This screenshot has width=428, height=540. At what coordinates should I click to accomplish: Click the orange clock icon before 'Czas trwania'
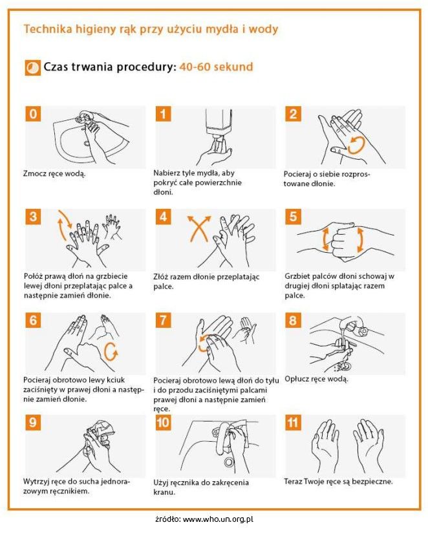click(33, 67)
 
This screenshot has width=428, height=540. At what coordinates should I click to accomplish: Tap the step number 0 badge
click(33, 114)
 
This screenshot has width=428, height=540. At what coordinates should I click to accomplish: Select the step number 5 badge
click(293, 217)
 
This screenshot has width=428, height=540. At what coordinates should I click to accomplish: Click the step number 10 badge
click(163, 422)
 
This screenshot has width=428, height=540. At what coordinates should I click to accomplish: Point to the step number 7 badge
click(163, 320)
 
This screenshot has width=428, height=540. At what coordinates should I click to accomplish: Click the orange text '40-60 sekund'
click(216, 67)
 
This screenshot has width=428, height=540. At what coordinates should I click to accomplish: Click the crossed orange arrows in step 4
click(198, 229)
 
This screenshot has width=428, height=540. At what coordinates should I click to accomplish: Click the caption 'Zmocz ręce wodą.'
click(54, 173)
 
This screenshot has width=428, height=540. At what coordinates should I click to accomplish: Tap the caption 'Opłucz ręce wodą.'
click(316, 379)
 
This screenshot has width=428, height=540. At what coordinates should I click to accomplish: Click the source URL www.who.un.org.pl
click(218, 519)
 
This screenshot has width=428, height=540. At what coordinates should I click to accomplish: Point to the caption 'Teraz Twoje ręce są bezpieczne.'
click(338, 481)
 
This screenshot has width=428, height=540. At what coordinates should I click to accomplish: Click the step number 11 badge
click(293, 422)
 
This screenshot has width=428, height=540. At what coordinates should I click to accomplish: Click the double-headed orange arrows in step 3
click(64, 224)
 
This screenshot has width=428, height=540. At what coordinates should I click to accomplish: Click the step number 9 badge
click(33, 422)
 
